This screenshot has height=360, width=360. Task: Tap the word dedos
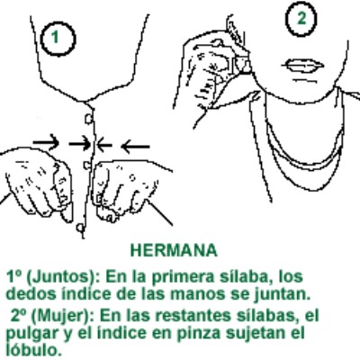24,293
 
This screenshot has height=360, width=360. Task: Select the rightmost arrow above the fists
134,143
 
